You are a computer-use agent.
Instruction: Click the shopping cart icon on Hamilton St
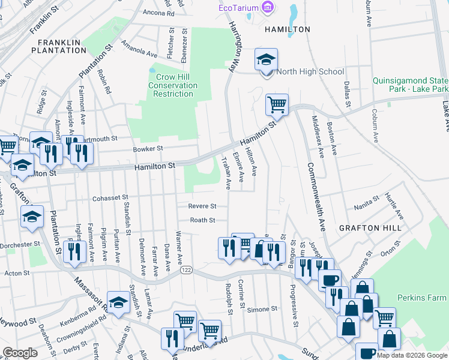277,105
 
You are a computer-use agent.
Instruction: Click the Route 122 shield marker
188,271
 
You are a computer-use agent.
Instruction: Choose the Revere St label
202,206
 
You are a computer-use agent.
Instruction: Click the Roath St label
203,220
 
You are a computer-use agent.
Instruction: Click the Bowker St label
148,148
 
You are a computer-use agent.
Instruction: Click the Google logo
20,353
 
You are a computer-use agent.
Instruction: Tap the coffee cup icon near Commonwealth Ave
328,280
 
